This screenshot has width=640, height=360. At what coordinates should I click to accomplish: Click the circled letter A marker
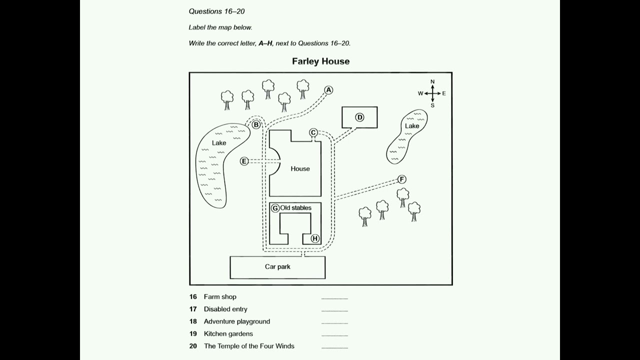point(328,90)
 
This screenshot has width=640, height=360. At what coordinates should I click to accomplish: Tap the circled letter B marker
point(256,124)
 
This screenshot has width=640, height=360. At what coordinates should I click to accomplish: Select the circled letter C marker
point(313,132)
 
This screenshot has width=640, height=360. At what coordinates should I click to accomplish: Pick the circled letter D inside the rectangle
point(359,117)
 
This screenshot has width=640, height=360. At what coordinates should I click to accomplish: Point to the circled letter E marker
point(244,161)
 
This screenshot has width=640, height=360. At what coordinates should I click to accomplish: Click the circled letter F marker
point(401,179)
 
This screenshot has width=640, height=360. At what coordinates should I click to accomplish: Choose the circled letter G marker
point(275,208)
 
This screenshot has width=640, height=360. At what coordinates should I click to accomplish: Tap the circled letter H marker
point(315,238)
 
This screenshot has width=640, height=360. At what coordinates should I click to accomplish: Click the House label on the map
point(300,169)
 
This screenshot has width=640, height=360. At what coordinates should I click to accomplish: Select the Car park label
point(277,267)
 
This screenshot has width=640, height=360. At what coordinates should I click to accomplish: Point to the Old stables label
point(295,208)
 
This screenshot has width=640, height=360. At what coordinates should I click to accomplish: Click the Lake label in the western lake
point(219,143)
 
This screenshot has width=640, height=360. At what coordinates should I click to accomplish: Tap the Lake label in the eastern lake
point(412,126)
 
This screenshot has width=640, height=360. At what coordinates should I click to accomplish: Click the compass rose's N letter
point(432,82)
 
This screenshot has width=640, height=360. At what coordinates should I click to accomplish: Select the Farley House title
point(320,61)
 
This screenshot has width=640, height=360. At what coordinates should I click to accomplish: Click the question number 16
point(193,297)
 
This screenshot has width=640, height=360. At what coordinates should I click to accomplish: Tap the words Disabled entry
point(225,309)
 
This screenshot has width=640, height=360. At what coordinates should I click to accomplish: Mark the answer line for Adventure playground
point(334,323)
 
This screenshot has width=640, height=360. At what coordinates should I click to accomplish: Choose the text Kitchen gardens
point(228,333)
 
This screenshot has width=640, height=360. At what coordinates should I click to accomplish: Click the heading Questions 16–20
point(216,11)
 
